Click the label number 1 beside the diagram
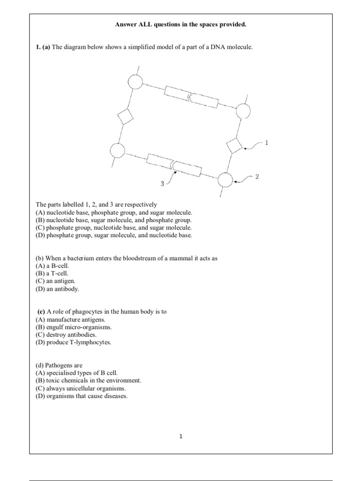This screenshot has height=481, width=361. coord(267,142)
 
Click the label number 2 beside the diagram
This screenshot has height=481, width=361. coord(257,177)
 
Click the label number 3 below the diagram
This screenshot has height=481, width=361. coord(162,184)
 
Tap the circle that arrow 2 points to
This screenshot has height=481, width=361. coord(226,179)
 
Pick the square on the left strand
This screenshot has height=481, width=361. coord(126,117)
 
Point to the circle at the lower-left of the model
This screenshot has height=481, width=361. coord(117,151)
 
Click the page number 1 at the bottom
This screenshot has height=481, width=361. coord(180,436)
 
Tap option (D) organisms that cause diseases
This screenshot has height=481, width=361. coord(81,396)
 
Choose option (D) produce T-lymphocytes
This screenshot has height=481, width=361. coord(74,342)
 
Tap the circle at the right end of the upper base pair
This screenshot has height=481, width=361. coord(243,111)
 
